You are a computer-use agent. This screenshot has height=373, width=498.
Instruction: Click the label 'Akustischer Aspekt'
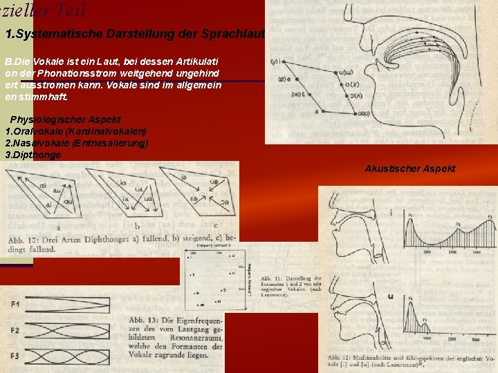tap(410, 169)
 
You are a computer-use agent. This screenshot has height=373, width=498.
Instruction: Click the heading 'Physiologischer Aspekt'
tap(65, 119)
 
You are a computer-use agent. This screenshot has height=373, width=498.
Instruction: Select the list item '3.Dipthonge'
tap(33, 155)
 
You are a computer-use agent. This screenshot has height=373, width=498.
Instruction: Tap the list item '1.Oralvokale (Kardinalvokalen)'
tap(75, 131)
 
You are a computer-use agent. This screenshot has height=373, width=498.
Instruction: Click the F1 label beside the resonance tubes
tap(15, 304)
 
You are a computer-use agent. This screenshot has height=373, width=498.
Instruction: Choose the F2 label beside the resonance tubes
tap(15, 331)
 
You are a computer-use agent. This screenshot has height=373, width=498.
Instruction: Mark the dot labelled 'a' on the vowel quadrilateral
tap(317, 111)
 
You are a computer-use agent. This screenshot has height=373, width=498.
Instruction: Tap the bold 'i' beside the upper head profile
tap(391, 213)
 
